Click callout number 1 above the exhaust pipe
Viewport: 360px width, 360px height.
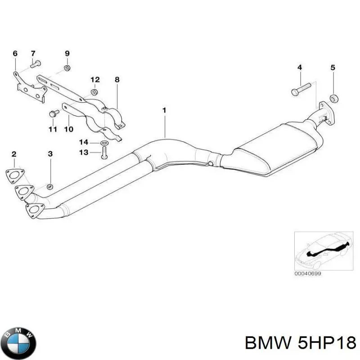pos(165,110)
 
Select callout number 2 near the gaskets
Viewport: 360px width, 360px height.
pos(14,154)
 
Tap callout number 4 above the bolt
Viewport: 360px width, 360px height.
pos(299,68)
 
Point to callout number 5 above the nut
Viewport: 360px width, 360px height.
pos(333,68)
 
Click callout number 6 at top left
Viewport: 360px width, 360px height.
pos(15,54)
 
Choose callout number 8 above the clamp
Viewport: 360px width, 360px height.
pos(117,80)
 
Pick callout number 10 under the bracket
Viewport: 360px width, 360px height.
pos(68,130)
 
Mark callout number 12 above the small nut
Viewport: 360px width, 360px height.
pos(95,80)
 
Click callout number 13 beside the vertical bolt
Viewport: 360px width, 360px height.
pos(84,153)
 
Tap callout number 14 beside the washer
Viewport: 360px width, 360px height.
pos(84,143)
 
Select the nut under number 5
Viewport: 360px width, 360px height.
pos(333,98)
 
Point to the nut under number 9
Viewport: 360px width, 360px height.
pos(67,68)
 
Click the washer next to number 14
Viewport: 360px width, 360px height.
pos(104,143)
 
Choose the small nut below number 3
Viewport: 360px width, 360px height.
pos(50,186)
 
